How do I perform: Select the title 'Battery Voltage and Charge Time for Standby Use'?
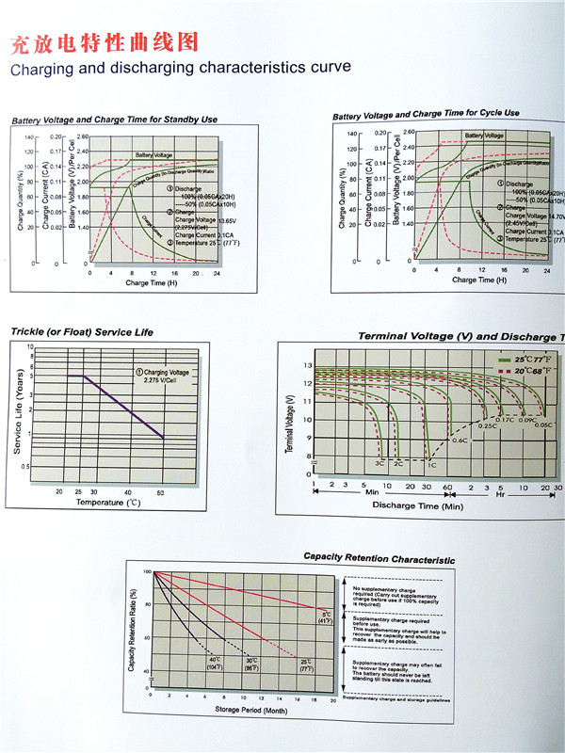(114, 120)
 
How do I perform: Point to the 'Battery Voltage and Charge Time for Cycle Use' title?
(426, 114)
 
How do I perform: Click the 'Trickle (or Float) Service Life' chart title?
(81, 331)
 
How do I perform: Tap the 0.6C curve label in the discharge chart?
(460, 440)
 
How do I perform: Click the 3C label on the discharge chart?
(380, 464)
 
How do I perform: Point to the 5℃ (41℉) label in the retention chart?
(325, 617)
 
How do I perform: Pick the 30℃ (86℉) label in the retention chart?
(251, 663)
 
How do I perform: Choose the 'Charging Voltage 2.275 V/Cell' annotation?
(165, 377)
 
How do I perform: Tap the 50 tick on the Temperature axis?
(160, 492)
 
